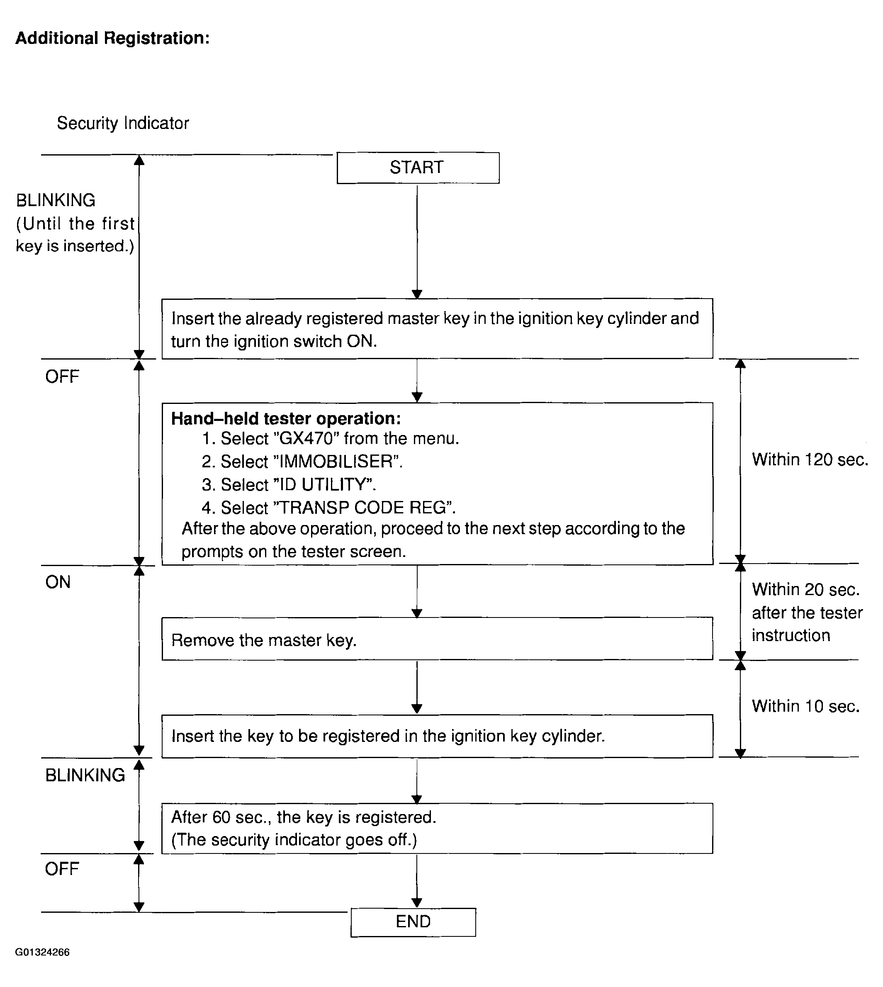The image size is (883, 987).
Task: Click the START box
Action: (x=418, y=168)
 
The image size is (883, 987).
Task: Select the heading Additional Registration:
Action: (x=112, y=38)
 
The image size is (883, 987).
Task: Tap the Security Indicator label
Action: (x=123, y=123)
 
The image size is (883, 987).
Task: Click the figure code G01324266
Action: (x=43, y=953)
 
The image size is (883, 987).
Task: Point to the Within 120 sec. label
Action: (x=810, y=459)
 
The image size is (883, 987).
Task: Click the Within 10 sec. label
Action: (x=806, y=706)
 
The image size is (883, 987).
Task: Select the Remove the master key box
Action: (x=437, y=639)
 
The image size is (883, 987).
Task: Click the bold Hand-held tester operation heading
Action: (x=286, y=418)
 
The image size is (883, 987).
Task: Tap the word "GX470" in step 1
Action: (x=306, y=438)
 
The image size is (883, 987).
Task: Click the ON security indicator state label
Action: (x=58, y=582)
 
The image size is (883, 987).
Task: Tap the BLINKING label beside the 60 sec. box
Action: (x=85, y=775)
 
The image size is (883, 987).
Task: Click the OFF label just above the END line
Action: (x=62, y=869)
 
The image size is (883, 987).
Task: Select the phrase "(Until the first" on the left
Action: (x=75, y=224)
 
